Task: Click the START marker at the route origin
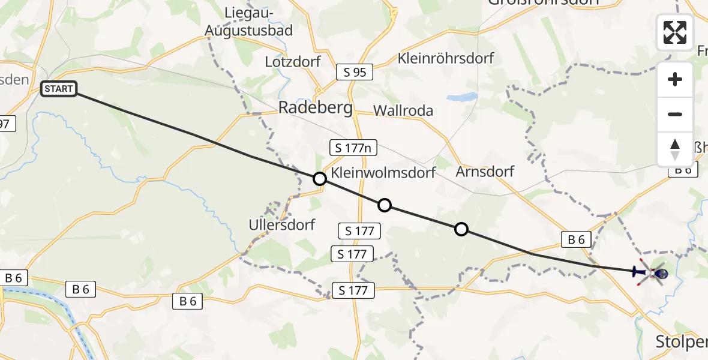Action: [x=58, y=89]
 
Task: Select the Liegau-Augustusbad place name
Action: [x=249, y=21]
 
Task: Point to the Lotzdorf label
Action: [x=293, y=61]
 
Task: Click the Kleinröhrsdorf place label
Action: [x=446, y=58]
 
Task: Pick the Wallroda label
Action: [x=403, y=111]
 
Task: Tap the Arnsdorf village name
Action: [x=485, y=172]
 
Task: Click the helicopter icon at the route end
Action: [x=653, y=273]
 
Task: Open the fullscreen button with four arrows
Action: [x=675, y=32]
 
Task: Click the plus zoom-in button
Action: [x=675, y=79]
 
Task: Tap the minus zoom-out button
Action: [x=675, y=114]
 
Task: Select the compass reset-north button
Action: [x=675, y=149]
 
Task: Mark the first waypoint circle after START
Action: [x=320, y=179]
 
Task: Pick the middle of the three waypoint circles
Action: [x=385, y=206]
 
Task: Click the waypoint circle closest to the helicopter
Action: [x=461, y=229]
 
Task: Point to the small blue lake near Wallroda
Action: [x=462, y=97]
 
